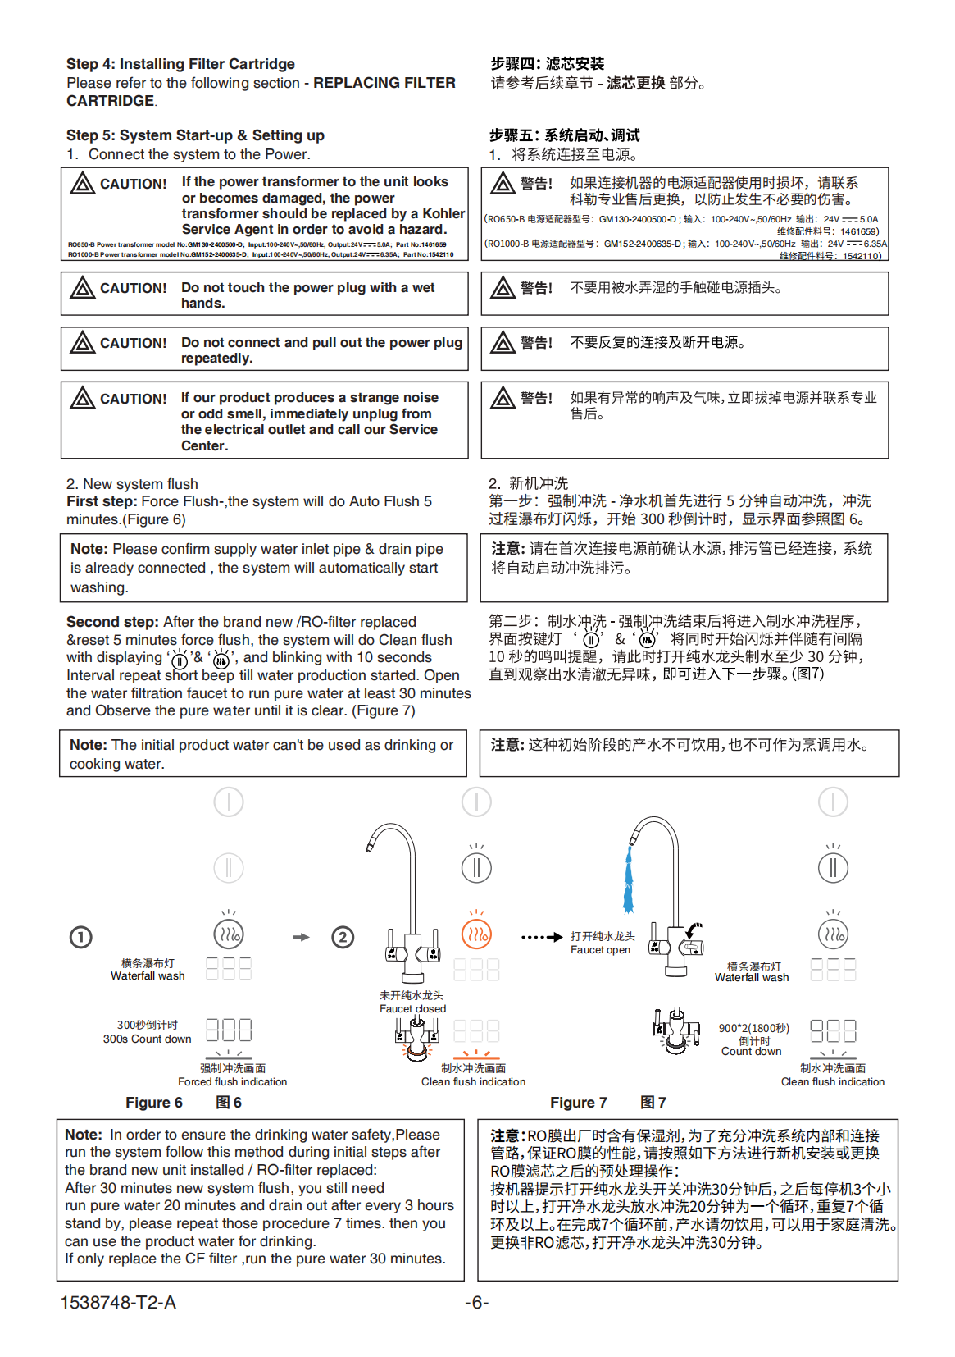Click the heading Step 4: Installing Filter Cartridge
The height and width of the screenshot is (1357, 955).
point(180,64)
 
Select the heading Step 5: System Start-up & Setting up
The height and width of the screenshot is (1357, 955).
point(195,135)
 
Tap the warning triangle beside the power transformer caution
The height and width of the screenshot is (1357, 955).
point(82,183)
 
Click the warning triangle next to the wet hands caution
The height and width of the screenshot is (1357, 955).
point(82,287)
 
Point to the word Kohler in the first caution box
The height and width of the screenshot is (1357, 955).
point(443,213)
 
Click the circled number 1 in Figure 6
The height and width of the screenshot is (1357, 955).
point(80,937)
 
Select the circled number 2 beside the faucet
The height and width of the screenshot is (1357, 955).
point(343,937)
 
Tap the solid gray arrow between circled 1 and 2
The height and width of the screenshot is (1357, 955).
point(302,937)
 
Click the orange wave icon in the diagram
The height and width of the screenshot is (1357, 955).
point(476,934)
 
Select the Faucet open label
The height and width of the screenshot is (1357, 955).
point(601,950)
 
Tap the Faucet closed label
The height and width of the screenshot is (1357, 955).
point(412,1009)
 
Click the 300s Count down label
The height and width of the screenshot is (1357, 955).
point(147,1039)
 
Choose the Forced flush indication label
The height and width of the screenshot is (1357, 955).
point(233,1082)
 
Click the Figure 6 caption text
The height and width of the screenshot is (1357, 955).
point(154,1103)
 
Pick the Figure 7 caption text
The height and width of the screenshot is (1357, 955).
point(579,1103)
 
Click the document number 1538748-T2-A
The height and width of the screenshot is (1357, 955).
point(118,1303)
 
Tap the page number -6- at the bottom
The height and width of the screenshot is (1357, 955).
point(476,1303)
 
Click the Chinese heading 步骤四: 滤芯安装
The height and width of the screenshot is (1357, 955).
point(548,64)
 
